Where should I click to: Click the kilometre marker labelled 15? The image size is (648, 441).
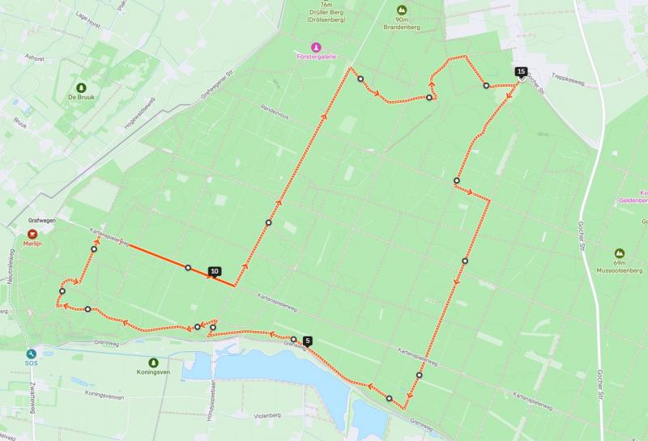click(520, 71)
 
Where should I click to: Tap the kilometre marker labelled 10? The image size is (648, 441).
click(214, 271)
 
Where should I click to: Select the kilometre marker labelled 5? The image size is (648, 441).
click(308, 341)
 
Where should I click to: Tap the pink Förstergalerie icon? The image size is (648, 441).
click(317, 46)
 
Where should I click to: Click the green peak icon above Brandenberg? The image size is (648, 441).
click(400, 9)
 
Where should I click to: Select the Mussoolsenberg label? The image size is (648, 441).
click(620, 271)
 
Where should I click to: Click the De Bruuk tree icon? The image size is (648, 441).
click(80, 87)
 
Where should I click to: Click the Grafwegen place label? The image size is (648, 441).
click(40, 219)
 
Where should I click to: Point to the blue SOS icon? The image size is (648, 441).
click(32, 354)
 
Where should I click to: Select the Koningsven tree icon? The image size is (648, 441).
click(154, 363)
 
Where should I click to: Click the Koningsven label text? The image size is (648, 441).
click(154, 374)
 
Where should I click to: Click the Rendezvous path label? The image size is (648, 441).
click(275, 111)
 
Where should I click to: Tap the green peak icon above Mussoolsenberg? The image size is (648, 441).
click(620, 253)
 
